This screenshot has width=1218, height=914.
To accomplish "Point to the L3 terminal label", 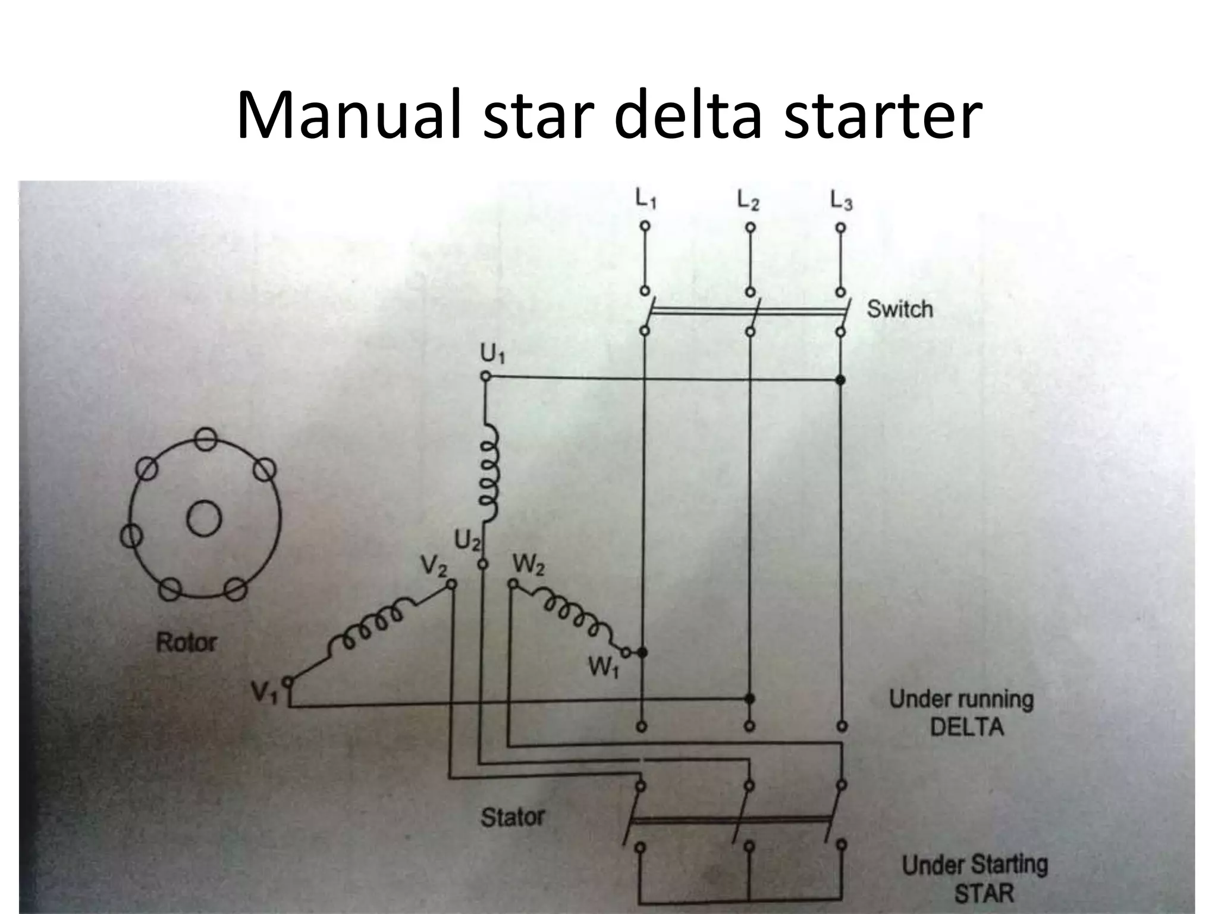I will tap(841, 201).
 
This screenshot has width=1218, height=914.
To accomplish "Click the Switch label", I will tap(900, 309).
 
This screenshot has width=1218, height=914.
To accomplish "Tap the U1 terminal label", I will tap(492, 355).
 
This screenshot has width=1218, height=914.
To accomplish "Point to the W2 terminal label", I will tap(528, 566).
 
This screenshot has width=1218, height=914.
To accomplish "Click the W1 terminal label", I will tap(603, 669).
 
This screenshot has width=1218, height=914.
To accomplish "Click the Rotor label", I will tap(186, 643).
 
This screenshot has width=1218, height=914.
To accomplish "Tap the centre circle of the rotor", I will tap(205, 518).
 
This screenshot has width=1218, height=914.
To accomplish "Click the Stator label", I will tap(512, 817).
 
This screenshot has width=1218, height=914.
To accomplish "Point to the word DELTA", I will tap(966, 727).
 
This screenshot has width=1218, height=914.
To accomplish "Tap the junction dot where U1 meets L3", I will tap(840, 380).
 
